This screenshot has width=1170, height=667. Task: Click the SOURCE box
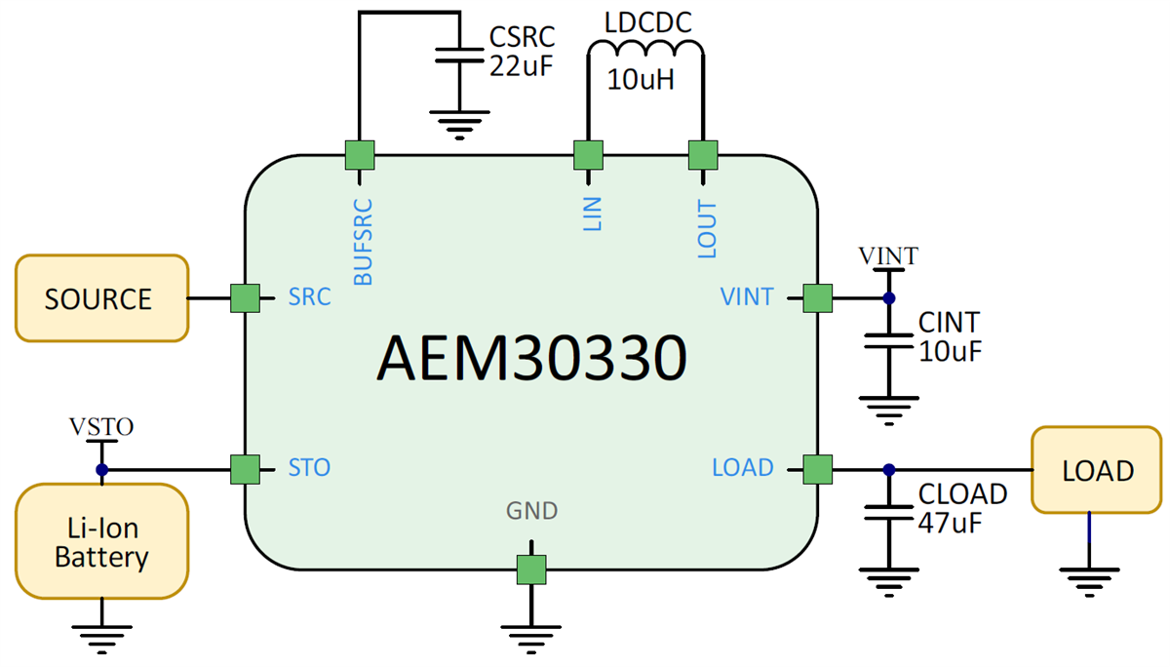[x=99, y=298]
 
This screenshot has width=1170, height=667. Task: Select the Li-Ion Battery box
[x=100, y=543]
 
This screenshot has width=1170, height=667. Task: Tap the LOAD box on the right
[x=1097, y=470]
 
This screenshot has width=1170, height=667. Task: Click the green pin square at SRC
[x=245, y=298]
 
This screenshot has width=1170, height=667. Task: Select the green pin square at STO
[x=245, y=469]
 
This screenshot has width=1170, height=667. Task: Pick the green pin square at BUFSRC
[x=360, y=154]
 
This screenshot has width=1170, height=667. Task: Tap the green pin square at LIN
[x=587, y=154]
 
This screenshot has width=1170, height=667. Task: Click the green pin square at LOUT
[x=702, y=154]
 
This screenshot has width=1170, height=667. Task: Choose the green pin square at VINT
[x=817, y=298]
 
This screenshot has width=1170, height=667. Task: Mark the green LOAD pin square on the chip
[x=817, y=469]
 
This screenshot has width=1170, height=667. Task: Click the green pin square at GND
[x=531, y=569]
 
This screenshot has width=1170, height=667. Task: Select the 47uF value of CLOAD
[x=950, y=521]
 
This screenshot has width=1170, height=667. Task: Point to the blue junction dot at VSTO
[x=101, y=469]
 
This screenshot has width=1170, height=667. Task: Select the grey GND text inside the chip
[x=531, y=510]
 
